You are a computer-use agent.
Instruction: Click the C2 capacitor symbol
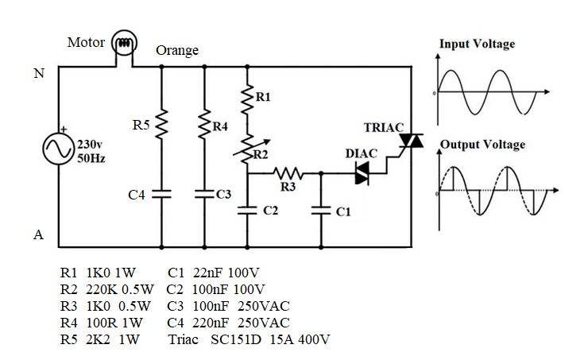(x=248, y=211)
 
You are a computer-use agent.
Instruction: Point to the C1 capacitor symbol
(x=321, y=211)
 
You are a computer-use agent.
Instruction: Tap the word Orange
(x=177, y=51)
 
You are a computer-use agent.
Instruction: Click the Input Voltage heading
(x=477, y=44)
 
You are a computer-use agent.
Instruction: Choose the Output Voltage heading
(x=482, y=145)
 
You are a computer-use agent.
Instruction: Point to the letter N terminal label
(x=38, y=74)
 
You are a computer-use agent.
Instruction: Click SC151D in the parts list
(x=236, y=339)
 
